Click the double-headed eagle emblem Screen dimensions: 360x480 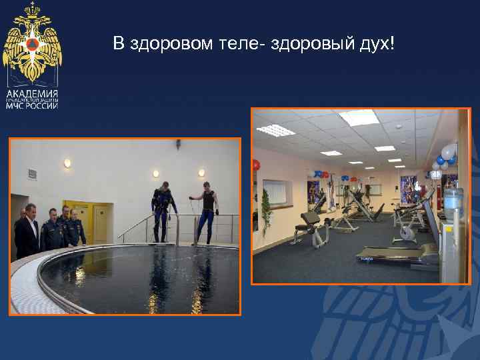coord(32,44)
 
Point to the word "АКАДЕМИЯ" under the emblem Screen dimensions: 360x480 coord(32,93)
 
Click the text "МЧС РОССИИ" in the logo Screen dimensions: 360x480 coord(32,105)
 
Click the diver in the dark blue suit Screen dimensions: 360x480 coord(161,212)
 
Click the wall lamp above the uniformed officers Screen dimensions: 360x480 coord(67,163)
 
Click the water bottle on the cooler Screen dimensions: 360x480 coord(453,199)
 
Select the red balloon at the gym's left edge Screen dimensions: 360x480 coord(255,165)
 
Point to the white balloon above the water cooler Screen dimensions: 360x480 coord(447,151)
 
